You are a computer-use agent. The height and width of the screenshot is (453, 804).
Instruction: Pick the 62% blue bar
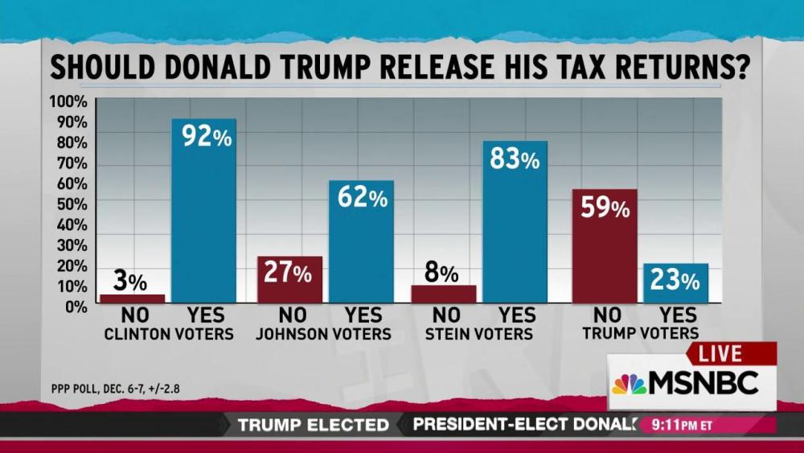(361, 241)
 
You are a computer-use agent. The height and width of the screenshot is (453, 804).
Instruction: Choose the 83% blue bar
(515, 221)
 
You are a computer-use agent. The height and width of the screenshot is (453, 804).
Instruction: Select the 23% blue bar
(675, 283)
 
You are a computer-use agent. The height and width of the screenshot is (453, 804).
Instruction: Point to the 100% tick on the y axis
(68, 102)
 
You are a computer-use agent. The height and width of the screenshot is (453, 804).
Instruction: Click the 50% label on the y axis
(69, 204)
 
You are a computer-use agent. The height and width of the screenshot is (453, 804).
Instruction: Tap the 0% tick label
(73, 307)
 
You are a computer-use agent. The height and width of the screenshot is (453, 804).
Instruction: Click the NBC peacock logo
(629, 384)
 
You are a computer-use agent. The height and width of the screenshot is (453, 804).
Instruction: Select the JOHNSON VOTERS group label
(325, 333)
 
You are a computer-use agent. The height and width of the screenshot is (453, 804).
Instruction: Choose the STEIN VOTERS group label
(479, 333)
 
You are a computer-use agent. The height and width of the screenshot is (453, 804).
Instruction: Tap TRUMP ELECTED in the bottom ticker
(313, 424)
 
